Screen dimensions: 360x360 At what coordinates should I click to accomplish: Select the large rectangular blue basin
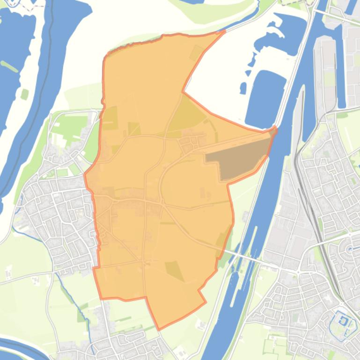(x=265, y=98)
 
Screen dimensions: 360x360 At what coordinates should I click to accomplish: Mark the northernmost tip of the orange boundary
(x=224, y=31)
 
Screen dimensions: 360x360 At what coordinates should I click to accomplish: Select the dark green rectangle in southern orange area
(x=174, y=270)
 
